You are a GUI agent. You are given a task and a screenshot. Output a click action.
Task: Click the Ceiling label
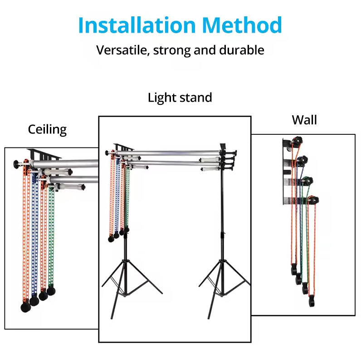(x=47, y=129)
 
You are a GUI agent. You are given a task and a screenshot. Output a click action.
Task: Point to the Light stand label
(x=180, y=98)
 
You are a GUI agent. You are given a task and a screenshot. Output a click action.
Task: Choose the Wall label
(x=304, y=120)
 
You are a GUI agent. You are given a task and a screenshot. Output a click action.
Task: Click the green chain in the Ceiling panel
(x=51, y=236)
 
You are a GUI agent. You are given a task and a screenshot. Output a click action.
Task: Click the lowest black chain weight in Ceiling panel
(x=25, y=307)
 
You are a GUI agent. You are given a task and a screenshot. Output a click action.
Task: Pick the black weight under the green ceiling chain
(x=51, y=289)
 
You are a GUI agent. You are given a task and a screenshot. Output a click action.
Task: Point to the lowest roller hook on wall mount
(x=313, y=200)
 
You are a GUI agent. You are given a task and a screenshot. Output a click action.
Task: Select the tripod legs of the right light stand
(x=222, y=281)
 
